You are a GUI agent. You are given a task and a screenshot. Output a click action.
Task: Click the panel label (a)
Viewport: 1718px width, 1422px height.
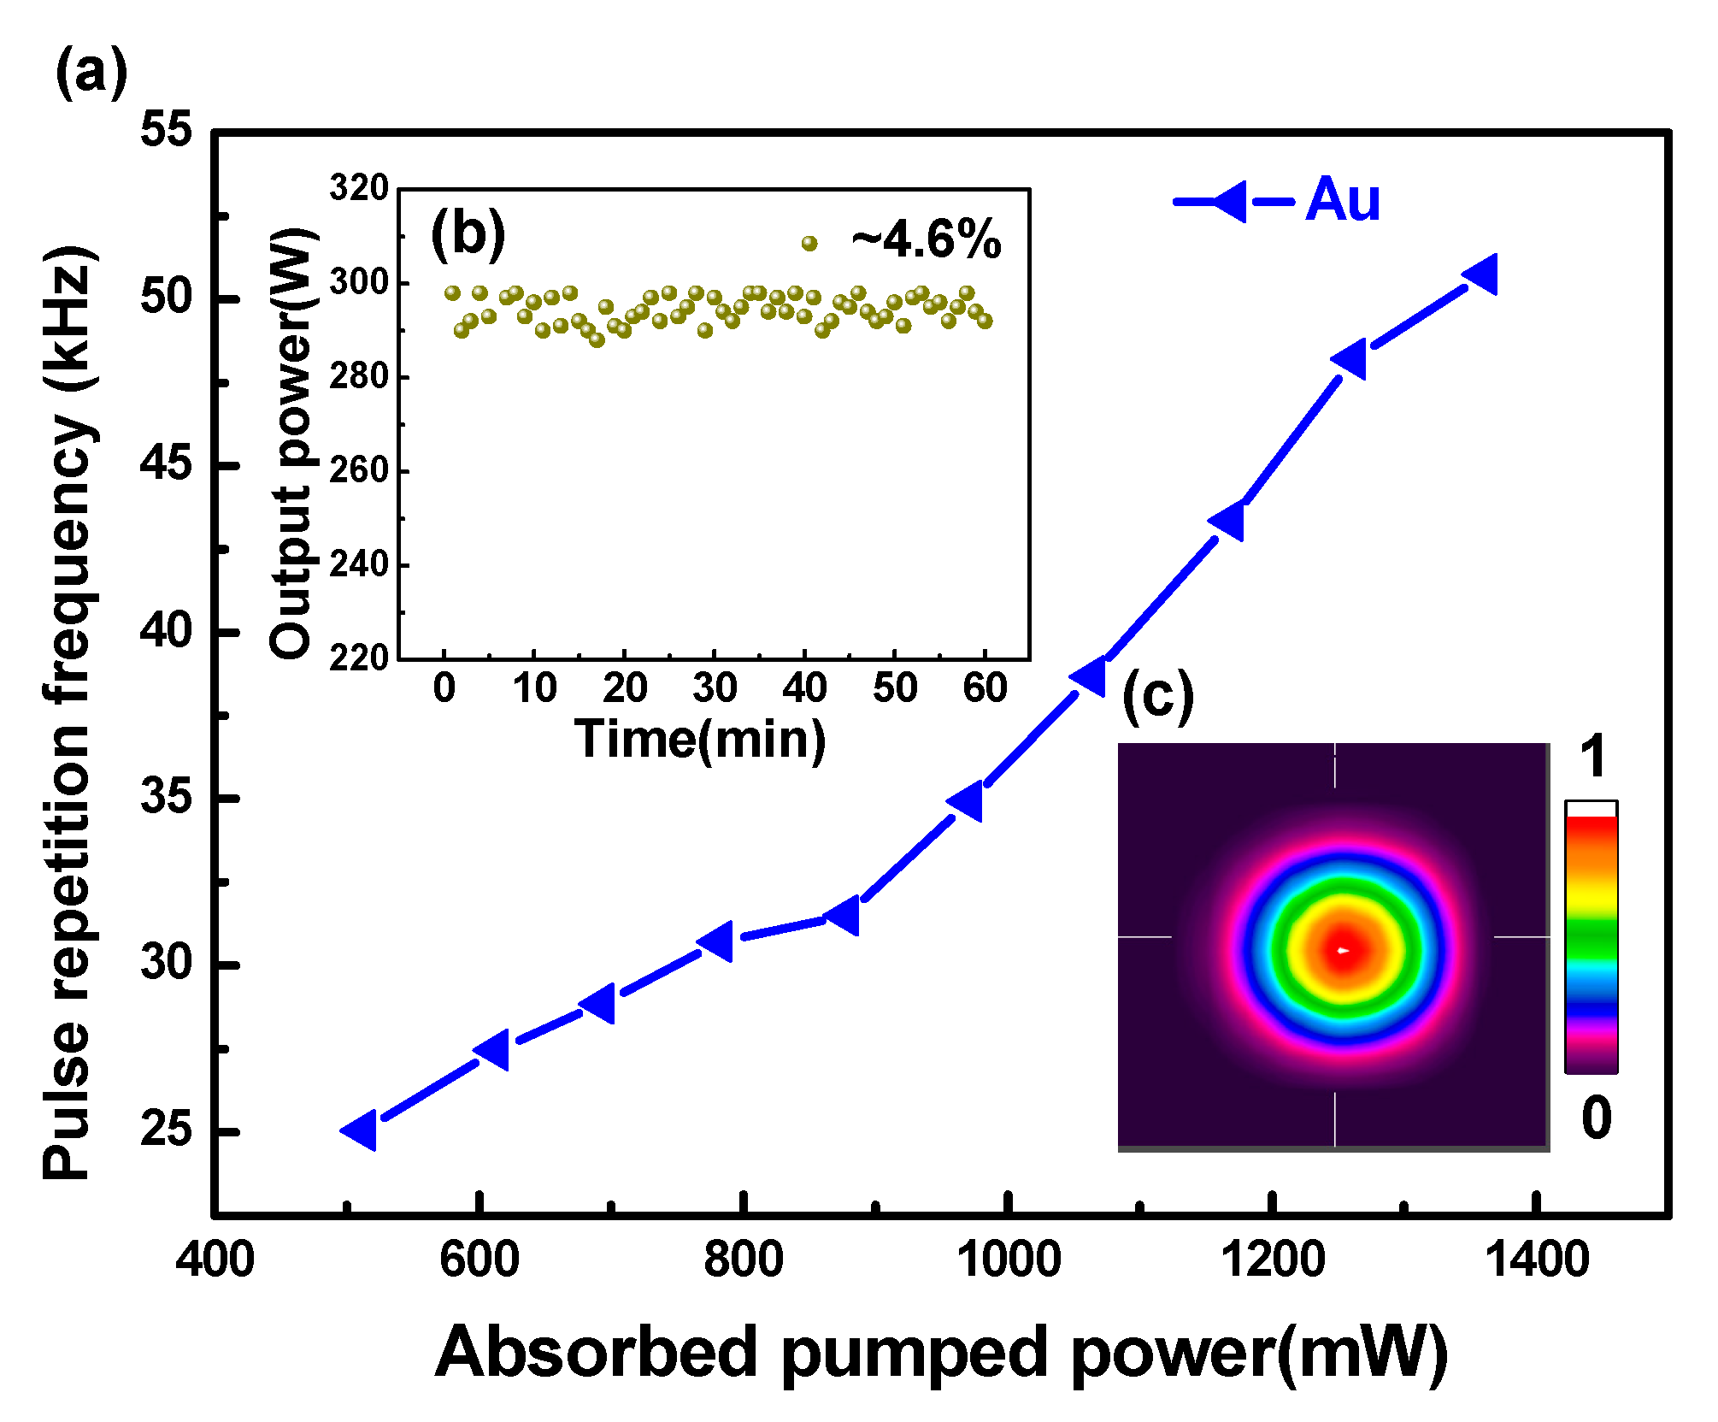91,73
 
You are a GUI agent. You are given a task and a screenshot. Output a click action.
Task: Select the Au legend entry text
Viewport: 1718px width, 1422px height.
1342,200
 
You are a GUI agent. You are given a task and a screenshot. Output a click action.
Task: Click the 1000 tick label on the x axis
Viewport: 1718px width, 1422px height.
1008,1260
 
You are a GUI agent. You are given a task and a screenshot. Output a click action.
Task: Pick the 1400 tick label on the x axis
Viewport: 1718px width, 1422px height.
1537,1260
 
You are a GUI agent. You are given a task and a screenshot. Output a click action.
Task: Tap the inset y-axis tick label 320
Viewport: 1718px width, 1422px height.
359,187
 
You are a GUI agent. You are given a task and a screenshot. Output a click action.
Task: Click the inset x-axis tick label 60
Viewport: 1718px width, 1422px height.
985,687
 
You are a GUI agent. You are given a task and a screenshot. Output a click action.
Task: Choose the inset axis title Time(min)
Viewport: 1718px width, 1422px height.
700,739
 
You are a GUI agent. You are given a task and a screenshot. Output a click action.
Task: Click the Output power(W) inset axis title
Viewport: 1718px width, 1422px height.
291,443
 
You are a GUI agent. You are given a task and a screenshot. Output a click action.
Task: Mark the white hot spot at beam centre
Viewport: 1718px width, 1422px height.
1344,950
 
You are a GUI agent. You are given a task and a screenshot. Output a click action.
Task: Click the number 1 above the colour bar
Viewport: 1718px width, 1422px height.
1593,757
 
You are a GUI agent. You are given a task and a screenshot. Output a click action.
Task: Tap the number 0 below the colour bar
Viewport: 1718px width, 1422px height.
1596,1117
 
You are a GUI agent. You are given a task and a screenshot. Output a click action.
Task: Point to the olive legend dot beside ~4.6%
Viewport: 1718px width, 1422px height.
809,244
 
